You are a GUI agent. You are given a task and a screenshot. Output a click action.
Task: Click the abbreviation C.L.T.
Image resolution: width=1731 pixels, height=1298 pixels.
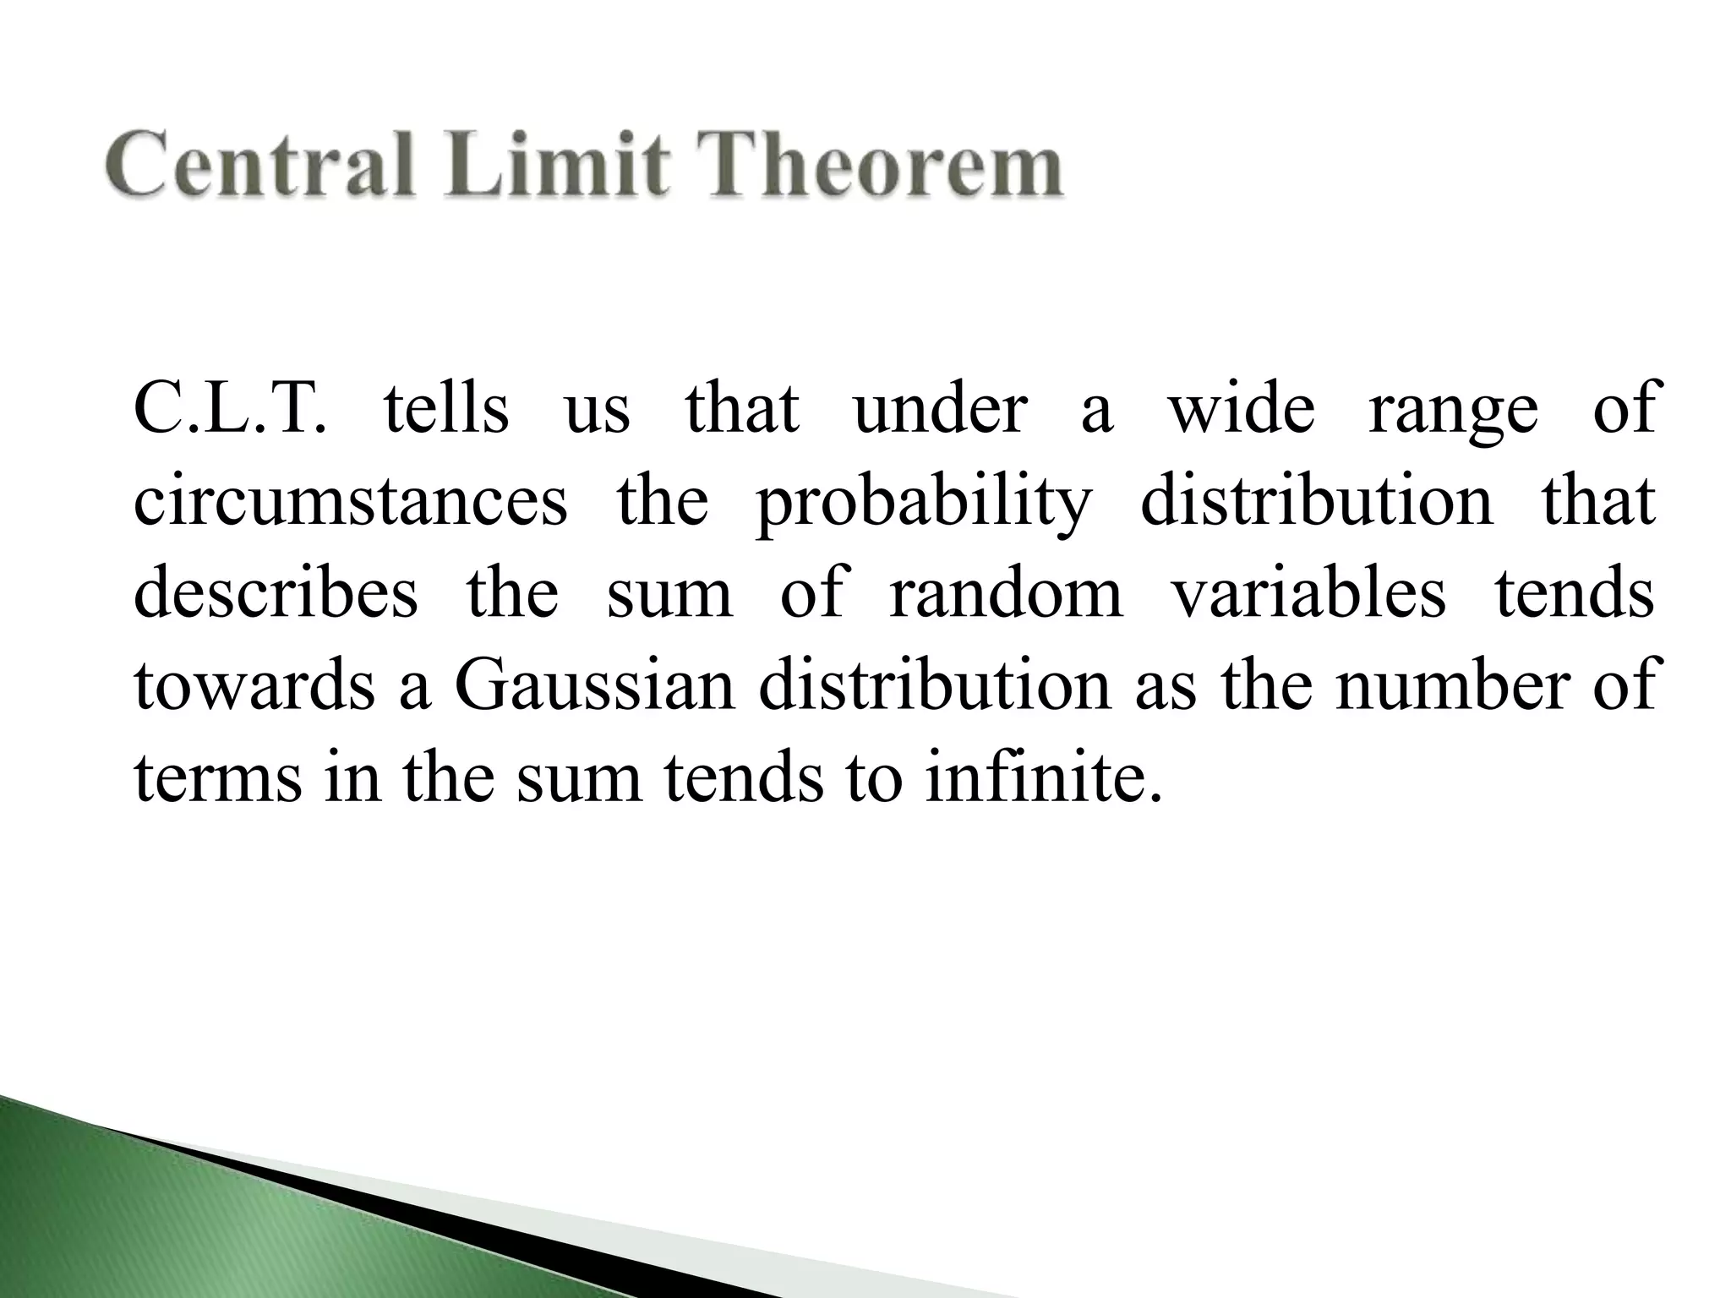(x=230, y=409)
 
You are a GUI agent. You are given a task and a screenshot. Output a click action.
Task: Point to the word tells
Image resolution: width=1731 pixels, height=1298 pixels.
(x=446, y=409)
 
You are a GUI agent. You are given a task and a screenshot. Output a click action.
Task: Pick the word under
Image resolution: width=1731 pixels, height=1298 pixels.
(x=940, y=409)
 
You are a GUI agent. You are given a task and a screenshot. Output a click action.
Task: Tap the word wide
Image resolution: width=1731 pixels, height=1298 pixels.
(x=1242, y=409)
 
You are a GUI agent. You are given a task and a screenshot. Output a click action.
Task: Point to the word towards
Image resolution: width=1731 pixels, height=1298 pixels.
(x=254, y=685)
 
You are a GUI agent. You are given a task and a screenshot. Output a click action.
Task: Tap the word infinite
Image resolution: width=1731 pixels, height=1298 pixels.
(x=1041, y=776)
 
